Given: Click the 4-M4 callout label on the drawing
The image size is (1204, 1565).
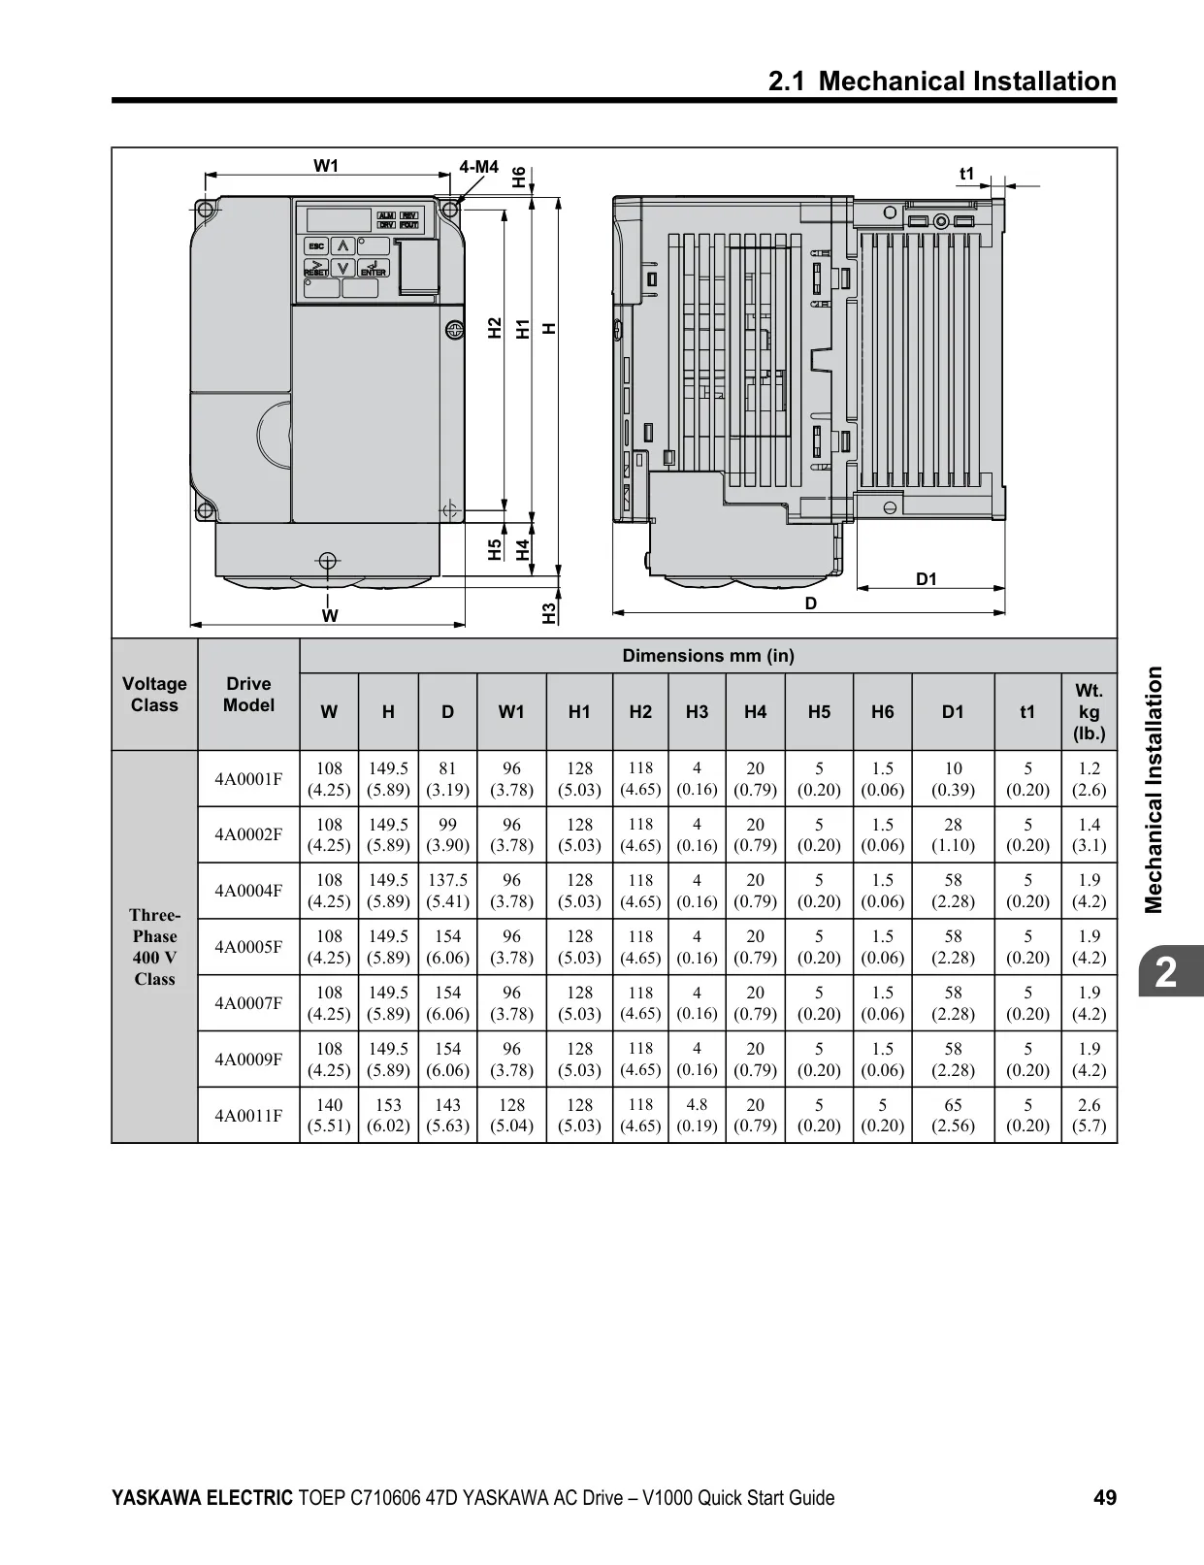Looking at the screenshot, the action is click(x=479, y=167).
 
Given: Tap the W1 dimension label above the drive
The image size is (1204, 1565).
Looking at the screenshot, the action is click(x=325, y=166).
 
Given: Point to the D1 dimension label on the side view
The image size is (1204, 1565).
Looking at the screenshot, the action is click(x=927, y=579).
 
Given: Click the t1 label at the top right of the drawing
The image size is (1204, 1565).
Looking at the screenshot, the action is click(x=966, y=174).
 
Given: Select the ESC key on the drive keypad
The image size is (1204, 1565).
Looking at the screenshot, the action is click(x=317, y=246).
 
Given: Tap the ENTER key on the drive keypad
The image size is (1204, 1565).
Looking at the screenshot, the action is click(x=373, y=268).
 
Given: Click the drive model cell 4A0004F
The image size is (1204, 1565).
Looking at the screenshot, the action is click(x=248, y=890).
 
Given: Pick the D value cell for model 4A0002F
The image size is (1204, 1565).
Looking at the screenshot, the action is click(x=448, y=834).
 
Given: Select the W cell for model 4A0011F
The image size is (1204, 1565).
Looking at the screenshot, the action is click(x=329, y=1115).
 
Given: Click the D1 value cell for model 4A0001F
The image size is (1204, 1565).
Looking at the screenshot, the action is click(x=953, y=778).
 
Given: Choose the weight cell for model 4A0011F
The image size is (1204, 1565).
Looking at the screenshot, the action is click(x=1089, y=1115).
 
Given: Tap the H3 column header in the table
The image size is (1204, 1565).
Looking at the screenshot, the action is click(x=697, y=711).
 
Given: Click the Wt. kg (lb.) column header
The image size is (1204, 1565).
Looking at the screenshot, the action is click(x=1089, y=711).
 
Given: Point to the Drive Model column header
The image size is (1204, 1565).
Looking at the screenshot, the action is click(x=248, y=695).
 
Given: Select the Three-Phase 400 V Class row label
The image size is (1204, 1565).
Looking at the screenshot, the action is click(x=155, y=946).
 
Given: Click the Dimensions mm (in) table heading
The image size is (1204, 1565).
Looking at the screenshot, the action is click(x=708, y=655).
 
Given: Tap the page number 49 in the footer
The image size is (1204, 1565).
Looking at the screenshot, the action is click(x=1105, y=1497).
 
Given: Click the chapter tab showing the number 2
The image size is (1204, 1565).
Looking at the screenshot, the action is click(x=1165, y=973).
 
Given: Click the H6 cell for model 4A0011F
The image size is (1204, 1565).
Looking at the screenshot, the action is click(x=883, y=1115).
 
